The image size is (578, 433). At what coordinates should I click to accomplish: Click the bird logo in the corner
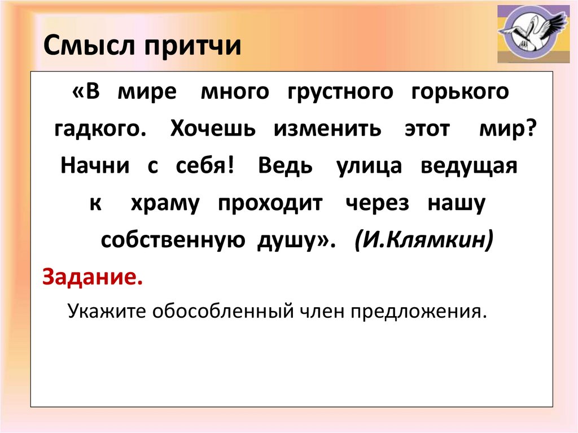533,33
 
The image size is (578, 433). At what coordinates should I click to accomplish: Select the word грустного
340,92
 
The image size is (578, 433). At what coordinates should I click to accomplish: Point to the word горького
460,92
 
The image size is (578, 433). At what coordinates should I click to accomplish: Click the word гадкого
100,129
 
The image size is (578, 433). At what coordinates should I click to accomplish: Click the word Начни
95,165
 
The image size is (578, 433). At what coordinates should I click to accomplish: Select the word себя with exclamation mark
205,165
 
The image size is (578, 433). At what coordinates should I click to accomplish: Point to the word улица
369,167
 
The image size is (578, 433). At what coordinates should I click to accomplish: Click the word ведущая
469,167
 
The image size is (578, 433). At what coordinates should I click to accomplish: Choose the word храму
165,204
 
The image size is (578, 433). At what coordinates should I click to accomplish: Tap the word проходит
270,204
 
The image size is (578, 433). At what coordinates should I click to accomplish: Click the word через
378,204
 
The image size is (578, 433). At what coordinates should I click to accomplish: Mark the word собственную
173,240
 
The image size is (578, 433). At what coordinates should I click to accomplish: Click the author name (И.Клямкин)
424,240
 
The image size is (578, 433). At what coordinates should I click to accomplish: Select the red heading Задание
93,277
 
